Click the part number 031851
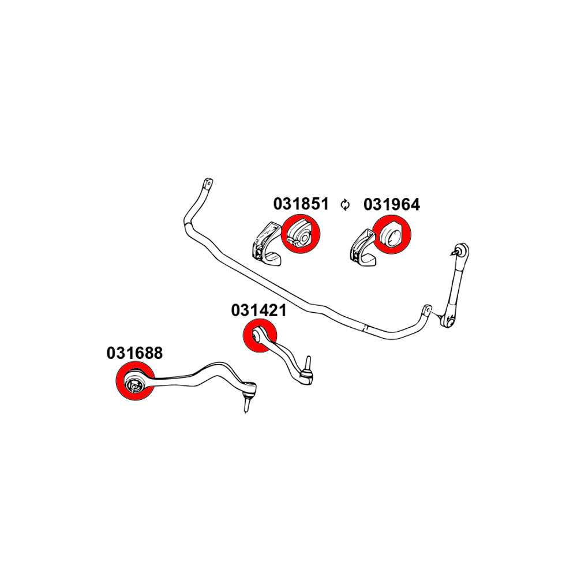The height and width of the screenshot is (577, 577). click(301, 204)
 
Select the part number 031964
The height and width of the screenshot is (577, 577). click(391, 204)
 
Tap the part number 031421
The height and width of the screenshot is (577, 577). click(259, 310)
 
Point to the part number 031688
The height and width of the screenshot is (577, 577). click(134, 353)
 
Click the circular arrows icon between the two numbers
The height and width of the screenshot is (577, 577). click(346, 204)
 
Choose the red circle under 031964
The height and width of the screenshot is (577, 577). click(391, 235)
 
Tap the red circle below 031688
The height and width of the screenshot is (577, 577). click(136, 383)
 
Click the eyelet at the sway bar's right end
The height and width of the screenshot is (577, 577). click(426, 309)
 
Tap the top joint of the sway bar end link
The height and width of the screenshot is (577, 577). click(461, 250)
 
